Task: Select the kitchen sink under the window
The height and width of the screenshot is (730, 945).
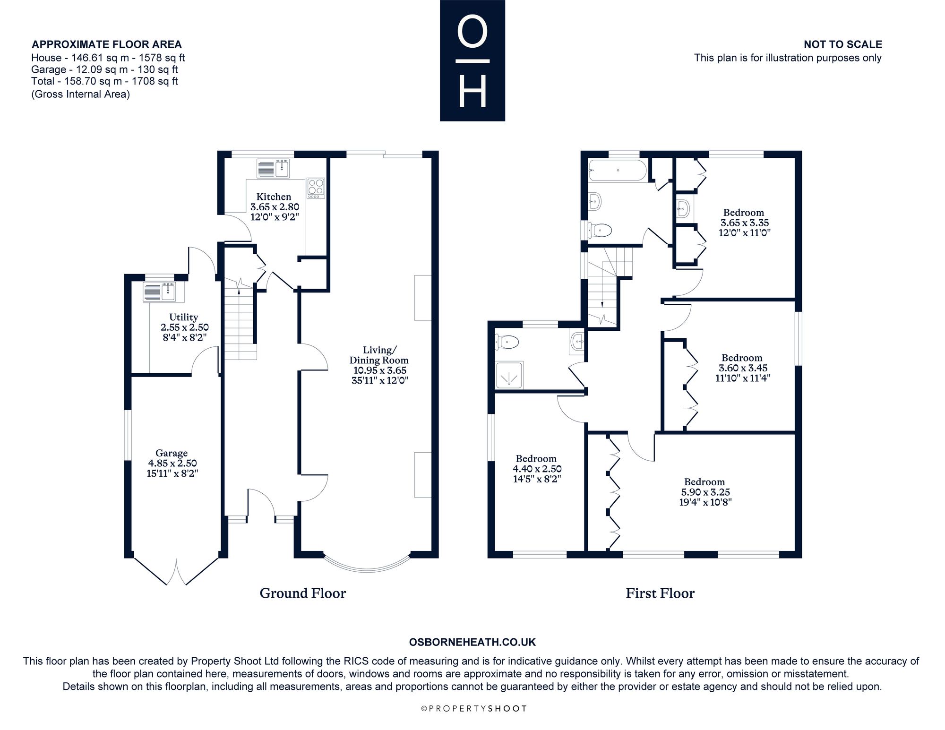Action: [x=274, y=169]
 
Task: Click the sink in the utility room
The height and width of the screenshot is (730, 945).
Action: [x=160, y=292]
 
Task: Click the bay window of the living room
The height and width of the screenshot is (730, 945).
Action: [x=367, y=564]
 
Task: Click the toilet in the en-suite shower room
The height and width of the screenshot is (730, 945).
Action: [x=507, y=341]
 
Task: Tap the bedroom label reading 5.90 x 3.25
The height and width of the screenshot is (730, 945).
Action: [x=705, y=492]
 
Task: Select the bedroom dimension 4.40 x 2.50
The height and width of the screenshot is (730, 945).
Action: [x=537, y=469]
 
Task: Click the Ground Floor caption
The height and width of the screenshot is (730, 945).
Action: [x=303, y=593]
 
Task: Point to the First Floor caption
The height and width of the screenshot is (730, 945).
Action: [x=660, y=593]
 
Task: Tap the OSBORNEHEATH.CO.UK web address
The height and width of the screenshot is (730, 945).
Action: [x=472, y=642]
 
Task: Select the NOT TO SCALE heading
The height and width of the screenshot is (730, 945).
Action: [x=843, y=44]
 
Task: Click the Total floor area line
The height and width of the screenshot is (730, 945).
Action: [x=104, y=81]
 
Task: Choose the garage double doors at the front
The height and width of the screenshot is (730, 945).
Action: [x=176, y=572]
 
